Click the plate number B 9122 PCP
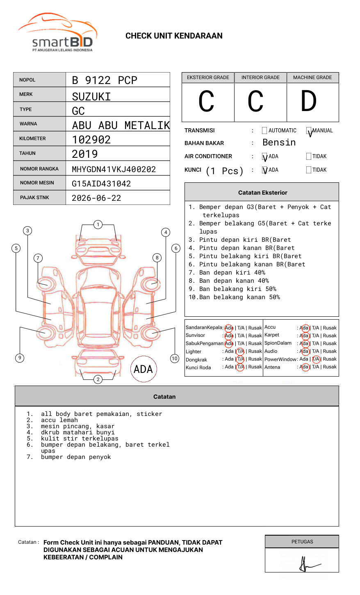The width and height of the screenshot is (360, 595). point(105,80)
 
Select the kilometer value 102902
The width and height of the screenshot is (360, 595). point(91,140)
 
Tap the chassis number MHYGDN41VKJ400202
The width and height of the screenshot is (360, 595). point(114,169)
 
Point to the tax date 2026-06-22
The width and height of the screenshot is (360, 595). point(96,198)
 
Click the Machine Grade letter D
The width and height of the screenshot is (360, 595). point(308,102)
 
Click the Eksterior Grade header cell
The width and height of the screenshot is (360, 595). point(208,77)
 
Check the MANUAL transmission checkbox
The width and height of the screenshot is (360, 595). point(309,131)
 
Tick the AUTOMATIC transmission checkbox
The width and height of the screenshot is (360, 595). point(264,131)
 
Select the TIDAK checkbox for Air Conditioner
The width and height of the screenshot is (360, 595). point(309,157)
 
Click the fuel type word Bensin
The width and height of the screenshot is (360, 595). point(279,143)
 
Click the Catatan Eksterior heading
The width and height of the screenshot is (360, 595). point(262,193)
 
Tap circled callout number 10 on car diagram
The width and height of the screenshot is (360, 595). point(175,359)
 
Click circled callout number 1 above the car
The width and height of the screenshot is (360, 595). point(98,225)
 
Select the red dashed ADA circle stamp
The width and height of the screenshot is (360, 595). point(144,369)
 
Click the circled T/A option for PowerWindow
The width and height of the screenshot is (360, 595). point(316,359)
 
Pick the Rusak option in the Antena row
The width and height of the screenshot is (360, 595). point(330,367)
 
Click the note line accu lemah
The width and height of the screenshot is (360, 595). point(59,420)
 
